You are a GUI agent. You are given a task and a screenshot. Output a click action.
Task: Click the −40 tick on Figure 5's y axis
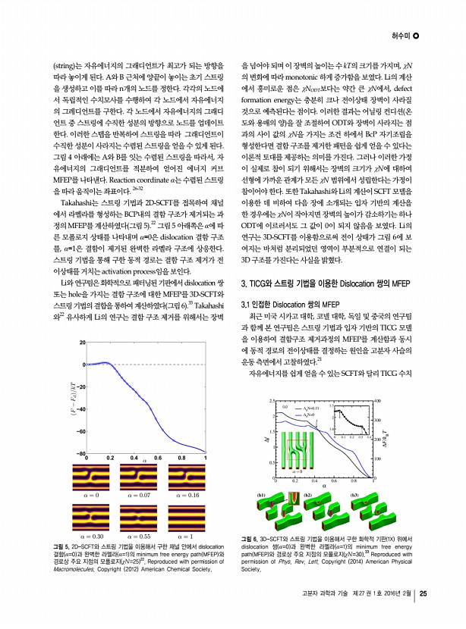[x=79, y=409]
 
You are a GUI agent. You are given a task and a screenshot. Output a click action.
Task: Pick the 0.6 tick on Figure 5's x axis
[x=158, y=458]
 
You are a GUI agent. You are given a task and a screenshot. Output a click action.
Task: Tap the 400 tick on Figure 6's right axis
[x=378, y=400]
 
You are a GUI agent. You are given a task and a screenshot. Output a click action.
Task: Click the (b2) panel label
[x=308, y=495]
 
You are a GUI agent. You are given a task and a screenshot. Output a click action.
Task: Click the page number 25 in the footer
[x=424, y=615]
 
